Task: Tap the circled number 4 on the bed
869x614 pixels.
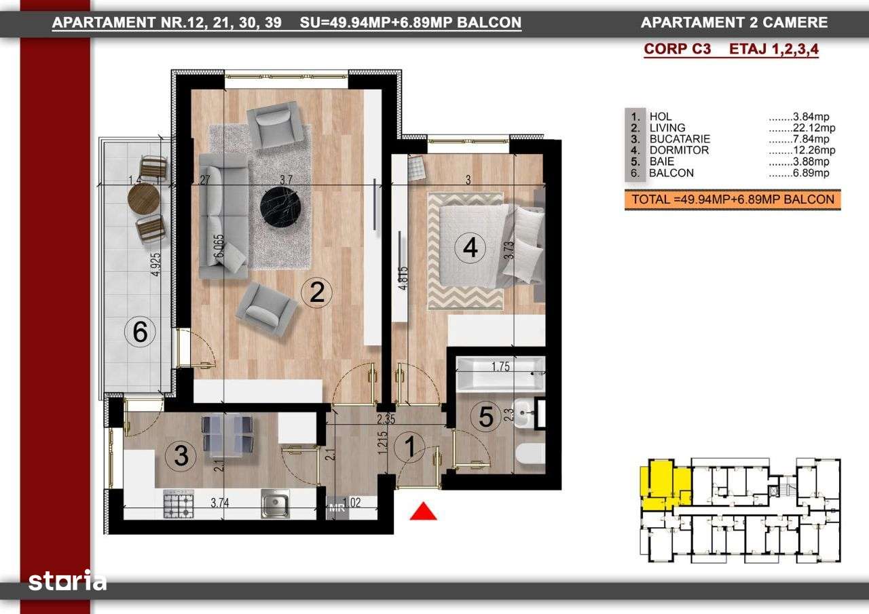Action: pos(470,249)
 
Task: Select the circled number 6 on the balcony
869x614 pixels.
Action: pos(140,332)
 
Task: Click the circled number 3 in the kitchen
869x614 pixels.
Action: pos(181,455)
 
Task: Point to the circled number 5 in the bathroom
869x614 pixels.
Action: pos(486,417)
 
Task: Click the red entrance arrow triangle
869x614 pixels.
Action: pos(423,512)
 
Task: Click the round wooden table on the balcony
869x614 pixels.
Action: pos(143,198)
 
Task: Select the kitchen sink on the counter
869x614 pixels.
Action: pos(276,504)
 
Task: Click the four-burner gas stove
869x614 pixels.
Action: pos(178,505)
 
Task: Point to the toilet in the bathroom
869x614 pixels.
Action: pos(530,455)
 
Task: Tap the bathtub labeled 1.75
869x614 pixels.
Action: pos(501,374)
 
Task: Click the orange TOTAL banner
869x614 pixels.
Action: pos(733,199)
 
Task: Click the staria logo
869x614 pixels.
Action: pos(67,581)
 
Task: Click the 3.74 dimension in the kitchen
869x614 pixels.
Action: pos(220,503)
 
